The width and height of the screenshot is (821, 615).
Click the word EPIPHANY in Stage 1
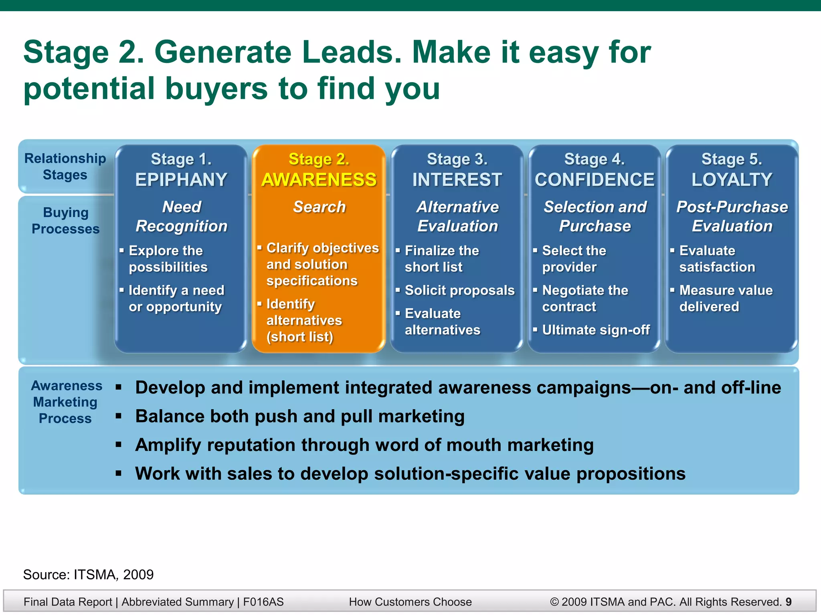click(181, 180)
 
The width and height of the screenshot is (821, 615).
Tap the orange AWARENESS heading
click(319, 180)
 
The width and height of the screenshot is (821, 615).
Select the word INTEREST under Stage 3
click(457, 180)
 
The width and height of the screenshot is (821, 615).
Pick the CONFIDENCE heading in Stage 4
click(595, 180)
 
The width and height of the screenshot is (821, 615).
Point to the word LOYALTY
click(732, 180)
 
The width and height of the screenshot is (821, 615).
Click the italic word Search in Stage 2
click(319, 207)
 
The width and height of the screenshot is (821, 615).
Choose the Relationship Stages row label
click(65, 167)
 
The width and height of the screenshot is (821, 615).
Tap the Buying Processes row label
click(65, 221)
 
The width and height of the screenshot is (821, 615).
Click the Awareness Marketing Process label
click(66, 402)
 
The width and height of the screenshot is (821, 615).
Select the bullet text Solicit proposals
click(459, 290)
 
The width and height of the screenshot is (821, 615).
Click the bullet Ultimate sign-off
click(596, 330)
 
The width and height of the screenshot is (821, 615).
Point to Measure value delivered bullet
click(726, 298)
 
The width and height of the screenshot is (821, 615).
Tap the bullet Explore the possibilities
click(168, 259)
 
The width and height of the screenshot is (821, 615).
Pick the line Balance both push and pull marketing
click(300, 416)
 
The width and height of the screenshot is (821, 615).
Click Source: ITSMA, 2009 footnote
click(88, 575)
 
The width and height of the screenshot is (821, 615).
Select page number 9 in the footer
click(789, 602)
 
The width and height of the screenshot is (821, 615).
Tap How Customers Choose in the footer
click(410, 602)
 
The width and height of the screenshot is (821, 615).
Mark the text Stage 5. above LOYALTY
click(732, 159)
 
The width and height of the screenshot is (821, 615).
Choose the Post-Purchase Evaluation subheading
click(732, 217)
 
